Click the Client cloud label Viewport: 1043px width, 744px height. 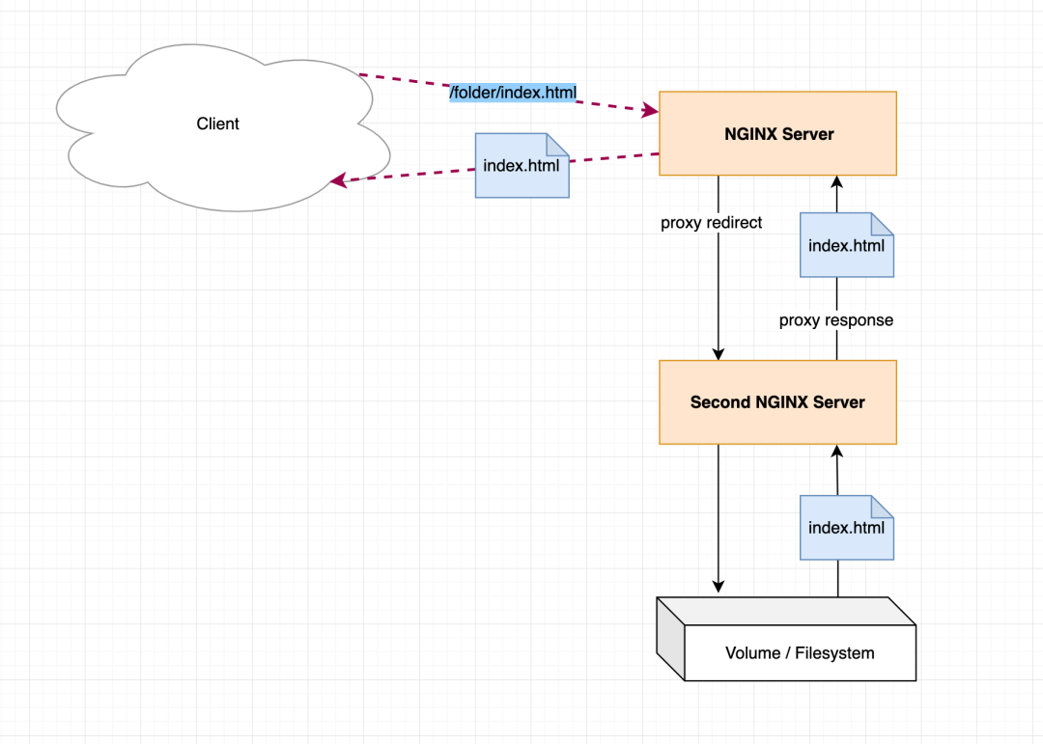click(x=217, y=124)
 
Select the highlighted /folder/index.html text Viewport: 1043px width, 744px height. click(x=513, y=93)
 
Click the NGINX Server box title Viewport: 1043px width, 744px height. click(x=779, y=133)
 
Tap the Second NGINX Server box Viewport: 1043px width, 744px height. click(x=777, y=402)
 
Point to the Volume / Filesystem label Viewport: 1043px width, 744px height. click(x=800, y=653)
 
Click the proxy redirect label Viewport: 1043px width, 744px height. click(x=711, y=223)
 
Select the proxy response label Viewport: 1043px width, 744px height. click(x=836, y=320)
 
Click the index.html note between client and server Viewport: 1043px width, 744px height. click(x=522, y=166)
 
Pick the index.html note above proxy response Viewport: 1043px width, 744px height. click(x=847, y=245)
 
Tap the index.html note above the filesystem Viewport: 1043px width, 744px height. click(x=847, y=527)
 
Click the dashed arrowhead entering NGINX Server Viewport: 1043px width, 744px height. click(x=651, y=111)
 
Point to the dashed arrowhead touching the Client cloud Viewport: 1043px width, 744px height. click(x=339, y=179)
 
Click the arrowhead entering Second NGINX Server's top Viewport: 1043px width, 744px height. click(x=719, y=353)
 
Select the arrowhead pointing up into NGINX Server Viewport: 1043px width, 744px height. click(x=836, y=182)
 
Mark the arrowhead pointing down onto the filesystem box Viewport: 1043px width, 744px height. click(x=719, y=585)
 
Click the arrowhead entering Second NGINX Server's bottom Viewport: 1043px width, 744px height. click(x=836, y=452)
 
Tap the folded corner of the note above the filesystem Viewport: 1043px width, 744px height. click(x=883, y=506)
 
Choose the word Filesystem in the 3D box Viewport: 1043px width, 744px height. click(x=834, y=653)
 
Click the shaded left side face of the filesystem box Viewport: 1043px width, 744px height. click(x=670, y=638)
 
